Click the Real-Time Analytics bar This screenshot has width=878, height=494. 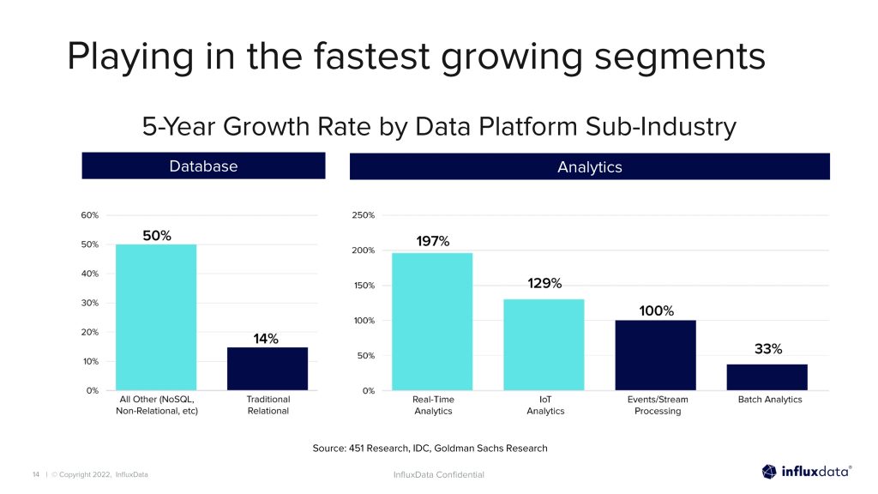pyautogui.click(x=432, y=322)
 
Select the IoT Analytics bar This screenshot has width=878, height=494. pyautogui.click(x=544, y=345)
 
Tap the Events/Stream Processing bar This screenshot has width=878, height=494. pyautogui.click(x=655, y=355)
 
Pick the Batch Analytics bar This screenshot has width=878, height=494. pyautogui.click(x=767, y=377)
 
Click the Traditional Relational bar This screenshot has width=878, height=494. pyautogui.click(x=267, y=369)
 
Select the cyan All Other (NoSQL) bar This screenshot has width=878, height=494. pyautogui.click(x=156, y=317)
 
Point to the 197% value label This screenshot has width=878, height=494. pyautogui.click(x=432, y=241)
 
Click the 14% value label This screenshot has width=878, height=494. pyautogui.click(x=266, y=338)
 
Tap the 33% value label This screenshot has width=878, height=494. pyautogui.click(x=767, y=349)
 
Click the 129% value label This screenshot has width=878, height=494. pyautogui.click(x=544, y=283)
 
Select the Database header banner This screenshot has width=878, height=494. pyautogui.click(x=203, y=166)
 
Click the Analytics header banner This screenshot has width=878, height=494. pyautogui.click(x=589, y=166)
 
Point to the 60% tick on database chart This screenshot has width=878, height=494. pyautogui.click(x=90, y=215)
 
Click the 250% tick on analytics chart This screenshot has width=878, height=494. pyautogui.click(x=363, y=215)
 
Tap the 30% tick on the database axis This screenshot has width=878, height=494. pyautogui.click(x=90, y=303)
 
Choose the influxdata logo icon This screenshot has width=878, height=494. pyautogui.click(x=769, y=471)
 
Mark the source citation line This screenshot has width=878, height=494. pyautogui.click(x=430, y=448)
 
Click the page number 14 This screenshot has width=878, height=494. pyautogui.click(x=36, y=474)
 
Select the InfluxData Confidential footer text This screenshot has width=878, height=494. pyautogui.click(x=438, y=474)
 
